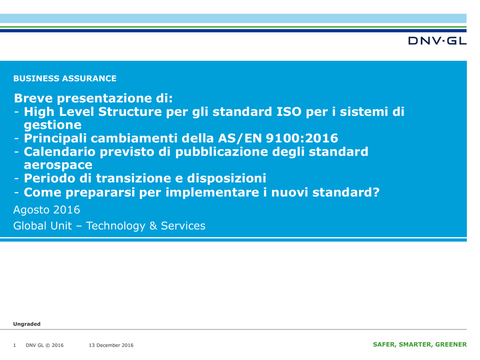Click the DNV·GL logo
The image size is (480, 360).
tap(437, 41)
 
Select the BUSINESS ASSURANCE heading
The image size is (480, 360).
tap(65, 79)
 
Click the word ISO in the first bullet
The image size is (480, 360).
tap(289, 112)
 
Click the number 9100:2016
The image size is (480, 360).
tap(302, 138)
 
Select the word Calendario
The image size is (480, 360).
tap(60, 152)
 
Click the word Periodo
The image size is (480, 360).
tap(49, 178)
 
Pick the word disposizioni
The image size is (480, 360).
tap(226, 179)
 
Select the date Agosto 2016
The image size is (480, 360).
tap(46, 210)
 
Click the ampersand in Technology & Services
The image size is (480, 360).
tap(153, 226)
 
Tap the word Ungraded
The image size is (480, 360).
tap(27, 324)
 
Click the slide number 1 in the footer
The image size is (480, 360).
tap(15, 345)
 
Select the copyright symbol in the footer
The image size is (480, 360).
tap(47, 345)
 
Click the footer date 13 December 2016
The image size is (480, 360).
tap(111, 345)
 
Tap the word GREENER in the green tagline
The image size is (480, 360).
tap(451, 345)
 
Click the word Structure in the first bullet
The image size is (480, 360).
tap(130, 112)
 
